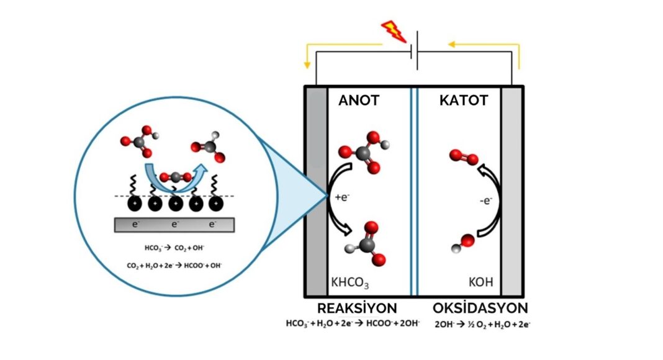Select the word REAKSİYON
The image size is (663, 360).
(x=357, y=308)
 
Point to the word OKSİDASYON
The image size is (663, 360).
(x=480, y=308)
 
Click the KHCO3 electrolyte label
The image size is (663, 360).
(x=350, y=283)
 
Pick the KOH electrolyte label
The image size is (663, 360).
(x=480, y=282)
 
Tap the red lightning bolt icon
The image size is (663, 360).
(x=392, y=30)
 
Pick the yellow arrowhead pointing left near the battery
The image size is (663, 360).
(x=451, y=44)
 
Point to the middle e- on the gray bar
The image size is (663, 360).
(x=175, y=223)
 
